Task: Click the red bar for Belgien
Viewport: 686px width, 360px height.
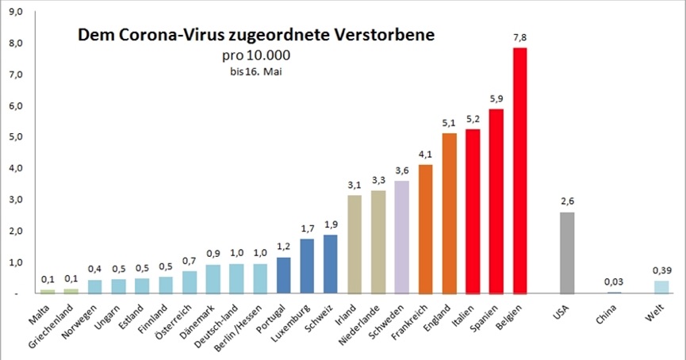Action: [x=520, y=170]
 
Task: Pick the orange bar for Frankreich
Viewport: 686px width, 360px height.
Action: [x=426, y=229]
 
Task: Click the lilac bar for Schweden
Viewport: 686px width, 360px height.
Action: [x=402, y=237]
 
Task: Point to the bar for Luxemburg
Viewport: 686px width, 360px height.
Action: [x=307, y=266]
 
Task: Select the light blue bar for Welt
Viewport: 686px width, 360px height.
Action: [x=661, y=287]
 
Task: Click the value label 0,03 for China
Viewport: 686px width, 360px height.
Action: [x=613, y=281]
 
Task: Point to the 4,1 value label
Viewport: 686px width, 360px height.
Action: [x=426, y=154]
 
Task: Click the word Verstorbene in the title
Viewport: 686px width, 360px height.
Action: [x=374, y=36]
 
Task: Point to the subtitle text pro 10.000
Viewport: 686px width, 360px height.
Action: [x=256, y=56]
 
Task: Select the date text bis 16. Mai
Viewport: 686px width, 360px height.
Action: [x=256, y=71]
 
